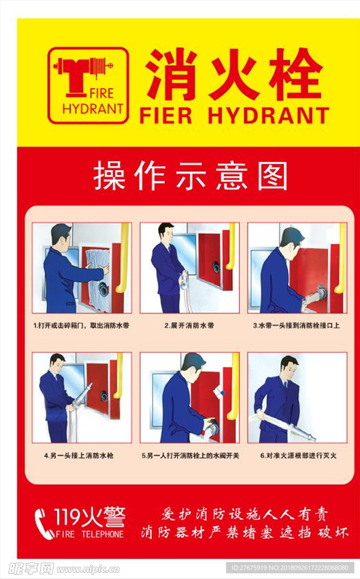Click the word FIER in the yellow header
click(x=166, y=115)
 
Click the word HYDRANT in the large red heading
click(x=268, y=115)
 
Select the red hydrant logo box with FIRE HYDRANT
click(x=88, y=85)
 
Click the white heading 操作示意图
click(x=190, y=176)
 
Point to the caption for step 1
click(x=81, y=326)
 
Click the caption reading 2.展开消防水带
click(x=189, y=326)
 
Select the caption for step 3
click(x=296, y=326)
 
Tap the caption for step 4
click(x=79, y=455)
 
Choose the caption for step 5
click(x=190, y=455)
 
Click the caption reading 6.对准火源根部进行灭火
click(x=298, y=455)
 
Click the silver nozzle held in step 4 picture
click(x=83, y=395)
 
